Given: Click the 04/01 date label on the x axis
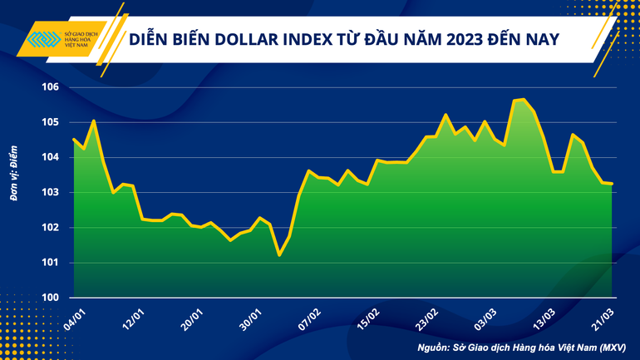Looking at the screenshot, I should [x=74, y=317].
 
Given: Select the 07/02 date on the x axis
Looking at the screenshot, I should [x=310, y=317].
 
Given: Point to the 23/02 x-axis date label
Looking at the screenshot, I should [x=427, y=317].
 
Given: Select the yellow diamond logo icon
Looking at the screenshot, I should [x=44, y=40].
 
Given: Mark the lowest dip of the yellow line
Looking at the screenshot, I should [x=279, y=255].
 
